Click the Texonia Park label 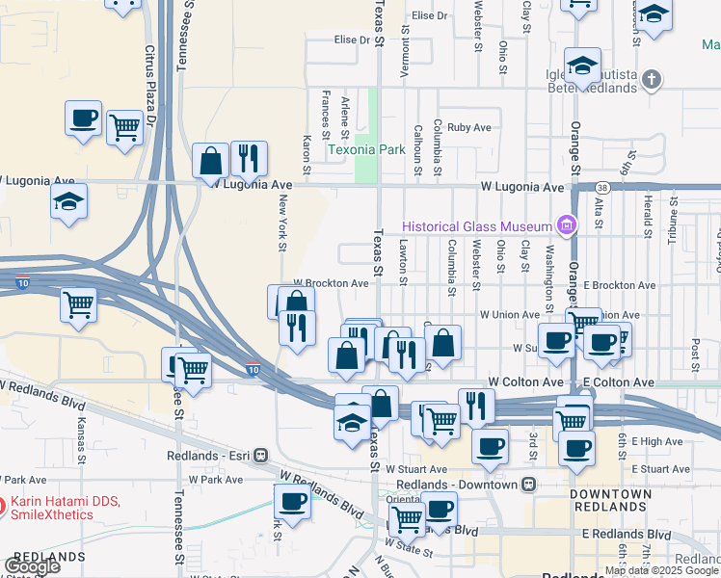366,149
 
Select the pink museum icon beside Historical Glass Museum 567,227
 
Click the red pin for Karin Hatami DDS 3,503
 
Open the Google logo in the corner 33,565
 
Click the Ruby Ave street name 469,127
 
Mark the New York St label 283,223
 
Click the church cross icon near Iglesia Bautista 652,79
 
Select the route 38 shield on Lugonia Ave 601,187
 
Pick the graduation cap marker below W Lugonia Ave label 69,202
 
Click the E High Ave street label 657,441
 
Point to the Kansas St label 82,437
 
